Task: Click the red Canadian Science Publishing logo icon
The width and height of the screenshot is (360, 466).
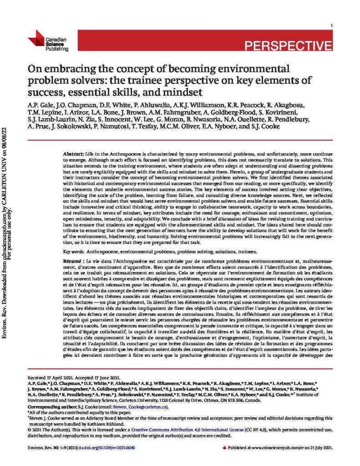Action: pyautogui.click(x=36, y=38)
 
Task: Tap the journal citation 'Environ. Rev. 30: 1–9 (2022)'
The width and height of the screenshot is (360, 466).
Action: pyautogui.click(x=56, y=448)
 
